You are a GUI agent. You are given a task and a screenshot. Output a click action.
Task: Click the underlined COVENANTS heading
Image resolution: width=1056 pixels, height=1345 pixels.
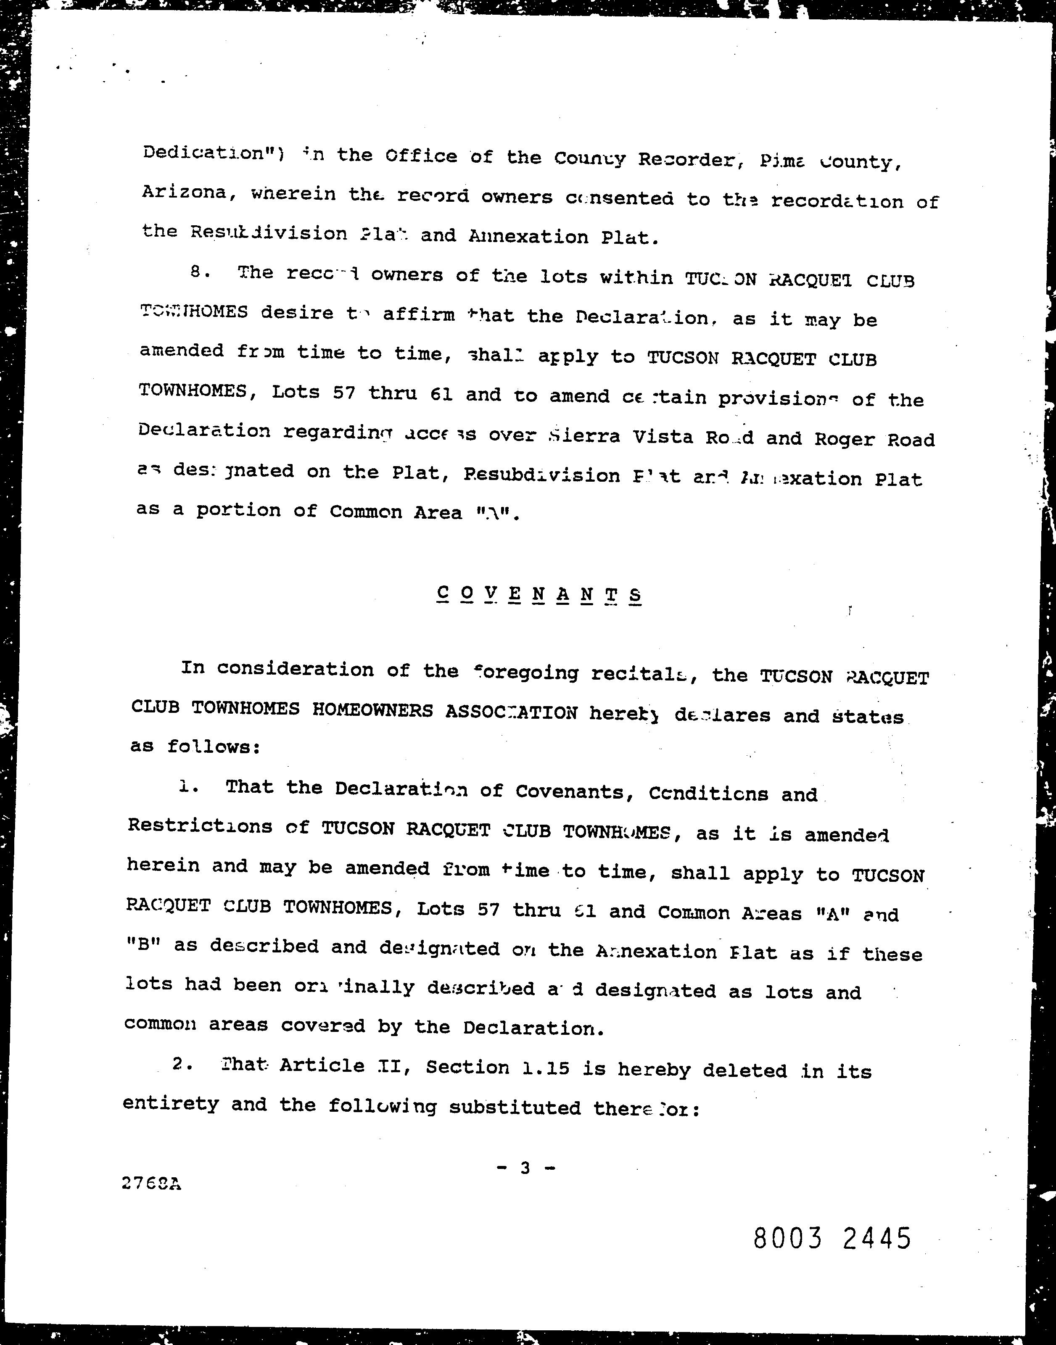point(539,595)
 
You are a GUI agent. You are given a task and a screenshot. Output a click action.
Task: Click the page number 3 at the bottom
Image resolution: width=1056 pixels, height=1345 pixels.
point(525,1168)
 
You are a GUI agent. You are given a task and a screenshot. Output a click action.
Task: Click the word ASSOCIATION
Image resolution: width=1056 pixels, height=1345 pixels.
point(511,712)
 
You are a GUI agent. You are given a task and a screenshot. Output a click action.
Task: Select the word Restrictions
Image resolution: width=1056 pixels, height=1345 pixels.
point(200,826)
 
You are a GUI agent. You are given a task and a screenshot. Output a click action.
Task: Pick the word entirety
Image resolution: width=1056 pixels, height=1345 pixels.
point(171,1103)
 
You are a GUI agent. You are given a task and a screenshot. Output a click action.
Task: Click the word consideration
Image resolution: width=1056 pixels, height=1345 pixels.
point(295,669)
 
